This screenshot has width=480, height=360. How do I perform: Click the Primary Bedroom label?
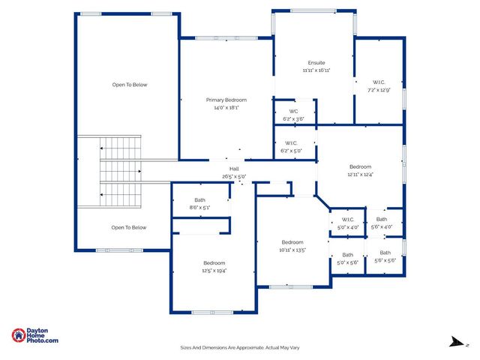tap(226, 100)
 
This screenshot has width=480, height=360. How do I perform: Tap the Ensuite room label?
tap(316, 62)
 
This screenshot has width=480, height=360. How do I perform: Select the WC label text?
tap(293, 111)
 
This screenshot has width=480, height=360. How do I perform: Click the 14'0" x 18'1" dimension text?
tap(226, 107)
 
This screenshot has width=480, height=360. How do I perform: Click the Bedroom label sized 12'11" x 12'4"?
tap(359, 166)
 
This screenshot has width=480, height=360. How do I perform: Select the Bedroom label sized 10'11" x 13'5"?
tap(292, 241)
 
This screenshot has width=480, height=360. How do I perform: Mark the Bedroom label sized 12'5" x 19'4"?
tap(214, 262)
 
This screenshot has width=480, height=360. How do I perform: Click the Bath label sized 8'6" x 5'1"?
tap(199, 199)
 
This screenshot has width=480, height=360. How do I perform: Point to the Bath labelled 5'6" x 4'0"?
tap(382, 219)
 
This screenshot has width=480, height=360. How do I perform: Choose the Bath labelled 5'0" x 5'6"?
tap(347, 254)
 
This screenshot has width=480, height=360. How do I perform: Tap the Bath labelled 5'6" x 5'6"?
tap(385, 253)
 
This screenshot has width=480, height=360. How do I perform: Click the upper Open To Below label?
tap(130, 85)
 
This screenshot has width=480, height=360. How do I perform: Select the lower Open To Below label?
tap(129, 227)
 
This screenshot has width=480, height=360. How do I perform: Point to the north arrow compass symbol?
tap(456, 342)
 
